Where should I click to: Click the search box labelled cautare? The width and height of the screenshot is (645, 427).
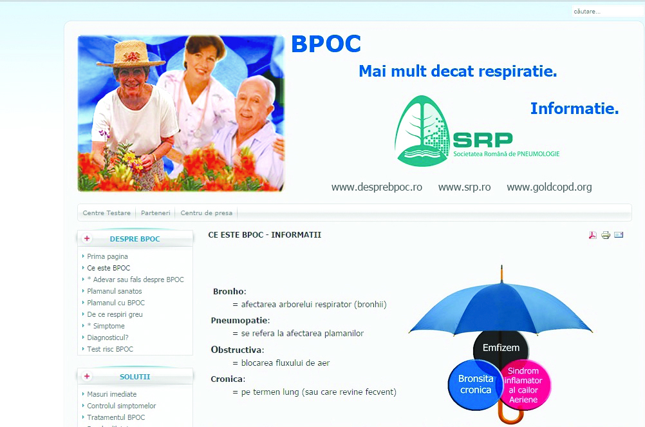[x=607, y=11]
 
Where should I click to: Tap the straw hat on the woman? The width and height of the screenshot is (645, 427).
[x=131, y=54]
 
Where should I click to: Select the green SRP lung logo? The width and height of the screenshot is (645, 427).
[x=422, y=131]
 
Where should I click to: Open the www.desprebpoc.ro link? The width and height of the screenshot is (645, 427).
[x=377, y=187]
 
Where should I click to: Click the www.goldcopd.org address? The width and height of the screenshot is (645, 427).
[x=549, y=187]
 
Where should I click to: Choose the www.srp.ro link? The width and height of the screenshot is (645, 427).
[x=464, y=187]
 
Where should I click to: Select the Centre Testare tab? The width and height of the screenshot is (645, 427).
[x=107, y=213]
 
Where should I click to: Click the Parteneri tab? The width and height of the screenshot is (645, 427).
[x=156, y=213]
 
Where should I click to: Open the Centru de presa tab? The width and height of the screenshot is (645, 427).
[x=207, y=213]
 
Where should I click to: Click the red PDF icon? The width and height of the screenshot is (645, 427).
[x=592, y=235]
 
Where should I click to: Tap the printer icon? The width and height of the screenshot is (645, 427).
[x=606, y=235]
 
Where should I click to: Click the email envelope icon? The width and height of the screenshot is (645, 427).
[x=619, y=235]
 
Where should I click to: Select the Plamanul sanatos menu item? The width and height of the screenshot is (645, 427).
[x=115, y=291]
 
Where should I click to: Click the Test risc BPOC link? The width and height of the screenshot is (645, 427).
[x=110, y=349]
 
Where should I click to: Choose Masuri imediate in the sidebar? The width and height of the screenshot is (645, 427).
[x=112, y=394]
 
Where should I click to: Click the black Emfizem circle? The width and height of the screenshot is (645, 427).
[x=501, y=348]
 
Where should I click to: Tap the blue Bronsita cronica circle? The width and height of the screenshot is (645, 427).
[x=475, y=384]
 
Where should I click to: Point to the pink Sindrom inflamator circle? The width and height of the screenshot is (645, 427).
[x=524, y=385]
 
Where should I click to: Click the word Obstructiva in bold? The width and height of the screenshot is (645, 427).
[x=236, y=350]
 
